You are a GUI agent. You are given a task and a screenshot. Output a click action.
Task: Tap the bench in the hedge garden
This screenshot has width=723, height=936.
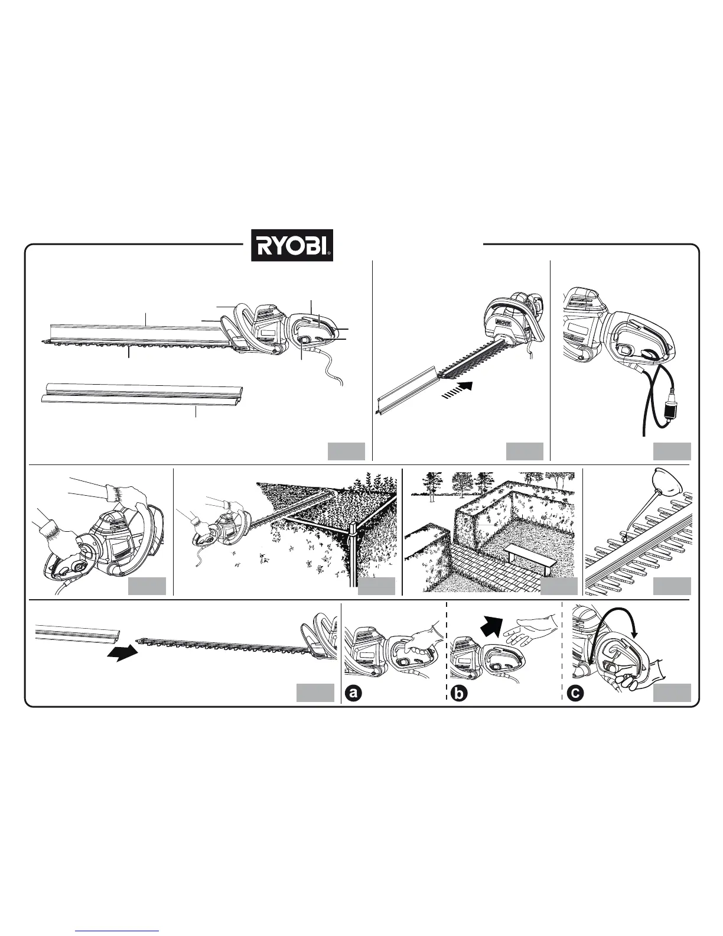530,556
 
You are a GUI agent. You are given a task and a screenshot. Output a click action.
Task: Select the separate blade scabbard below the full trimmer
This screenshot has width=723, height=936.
145,398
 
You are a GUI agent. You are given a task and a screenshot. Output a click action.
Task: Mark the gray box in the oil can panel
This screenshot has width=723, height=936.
672,586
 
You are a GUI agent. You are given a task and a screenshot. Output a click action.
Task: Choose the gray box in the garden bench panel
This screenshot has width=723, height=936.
559,586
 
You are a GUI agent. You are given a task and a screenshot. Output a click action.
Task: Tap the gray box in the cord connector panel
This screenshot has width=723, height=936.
672,451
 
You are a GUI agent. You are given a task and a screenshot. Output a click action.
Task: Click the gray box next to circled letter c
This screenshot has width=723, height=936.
672,693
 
